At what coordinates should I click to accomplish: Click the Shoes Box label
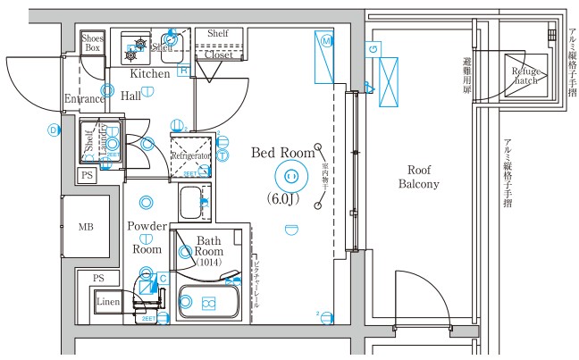click(x=92, y=43)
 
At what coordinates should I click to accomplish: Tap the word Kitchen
click(x=150, y=73)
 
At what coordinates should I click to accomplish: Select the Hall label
click(x=130, y=95)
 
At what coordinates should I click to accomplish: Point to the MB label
click(x=86, y=227)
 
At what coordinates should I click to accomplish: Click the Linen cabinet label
click(x=108, y=302)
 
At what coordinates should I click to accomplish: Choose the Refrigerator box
click(x=190, y=155)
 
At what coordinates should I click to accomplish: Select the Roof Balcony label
click(x=423, y=177)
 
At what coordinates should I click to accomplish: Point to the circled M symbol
click(x=327, y=41)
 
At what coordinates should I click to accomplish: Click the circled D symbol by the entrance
click(x=54, y=130)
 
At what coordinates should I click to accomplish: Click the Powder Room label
click(x=147, y=238)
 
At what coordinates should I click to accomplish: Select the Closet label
click(x=218, y=54)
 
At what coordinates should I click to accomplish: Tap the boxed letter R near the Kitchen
click(x=184, y=70)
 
